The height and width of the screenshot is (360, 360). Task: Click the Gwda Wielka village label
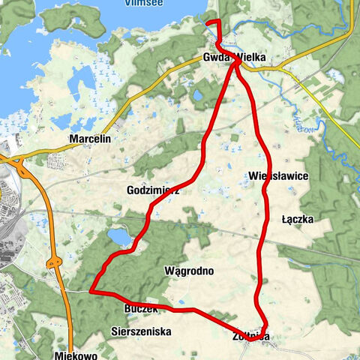tap(234, 57)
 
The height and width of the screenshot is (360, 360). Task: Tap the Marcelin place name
tap(89, 139)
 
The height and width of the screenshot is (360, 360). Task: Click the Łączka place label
tap(297, 219)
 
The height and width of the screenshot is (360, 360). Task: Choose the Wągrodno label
tap(189, 270)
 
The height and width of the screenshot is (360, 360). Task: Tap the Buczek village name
tap(141, 308)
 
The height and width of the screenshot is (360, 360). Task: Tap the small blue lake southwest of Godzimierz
tap(119, 238)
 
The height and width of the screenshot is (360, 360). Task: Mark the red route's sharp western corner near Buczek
tap(91, 291)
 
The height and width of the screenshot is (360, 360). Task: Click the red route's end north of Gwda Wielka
tap(208, 22)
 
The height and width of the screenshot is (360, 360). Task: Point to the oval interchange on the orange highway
tap(54, 262)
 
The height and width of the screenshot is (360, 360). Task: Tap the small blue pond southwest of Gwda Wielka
tap(198, 95)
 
